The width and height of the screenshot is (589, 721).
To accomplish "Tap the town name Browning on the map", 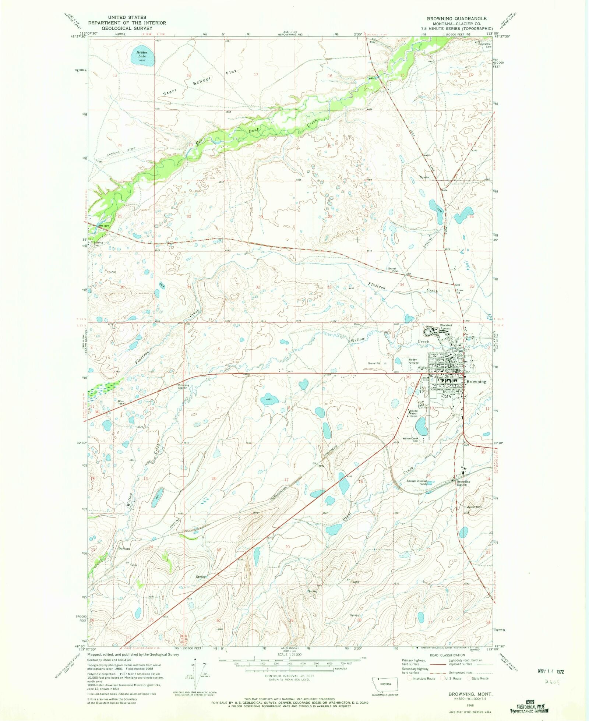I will click(x=476, y=382).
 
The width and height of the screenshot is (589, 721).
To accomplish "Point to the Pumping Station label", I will click(x=184, y=386).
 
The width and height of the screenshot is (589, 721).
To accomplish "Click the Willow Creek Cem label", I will click(x=410, y=439).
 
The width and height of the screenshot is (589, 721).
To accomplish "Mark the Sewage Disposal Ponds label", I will click(x=416, y=482).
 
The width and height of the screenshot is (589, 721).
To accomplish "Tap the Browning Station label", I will click(x=463, y=483).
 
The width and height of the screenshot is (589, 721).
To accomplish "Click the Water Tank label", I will click(x=475, y=507).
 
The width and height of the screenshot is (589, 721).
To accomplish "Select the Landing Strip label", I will click(x=121, y=152).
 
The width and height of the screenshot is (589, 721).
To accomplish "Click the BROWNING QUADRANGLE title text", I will click(x=456, y=18).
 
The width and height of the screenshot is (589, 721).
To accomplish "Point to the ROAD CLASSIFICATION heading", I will click(x=447, y=655).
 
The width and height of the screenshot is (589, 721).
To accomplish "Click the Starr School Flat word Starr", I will click(x=170, y=92).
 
